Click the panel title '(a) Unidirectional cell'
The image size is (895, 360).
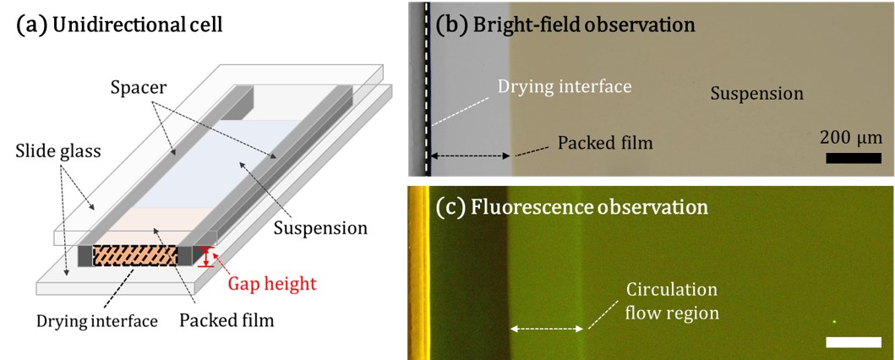119,25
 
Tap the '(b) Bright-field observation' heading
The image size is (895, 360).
565,25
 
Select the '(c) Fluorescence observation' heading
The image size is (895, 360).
570,205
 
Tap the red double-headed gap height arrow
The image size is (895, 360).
205,256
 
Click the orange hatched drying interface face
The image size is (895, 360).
134,255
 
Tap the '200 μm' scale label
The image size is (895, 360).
850,136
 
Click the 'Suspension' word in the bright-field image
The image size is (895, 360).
756,93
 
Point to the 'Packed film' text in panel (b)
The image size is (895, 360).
605,142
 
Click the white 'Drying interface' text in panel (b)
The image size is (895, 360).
564,86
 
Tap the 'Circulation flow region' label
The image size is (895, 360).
672,302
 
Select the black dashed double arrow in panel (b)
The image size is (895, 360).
470,155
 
